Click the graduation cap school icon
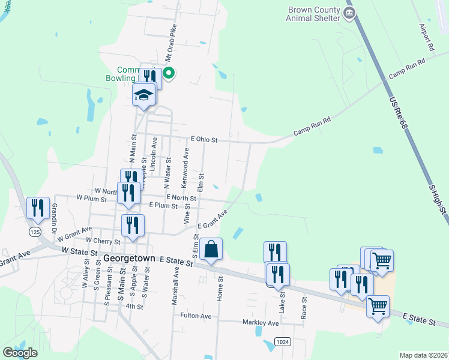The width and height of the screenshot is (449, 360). (x=144, y=95)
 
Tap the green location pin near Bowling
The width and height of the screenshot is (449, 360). (x=169, y=74)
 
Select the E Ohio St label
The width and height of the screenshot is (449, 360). (x=203, y=139)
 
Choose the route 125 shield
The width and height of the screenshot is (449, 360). (x=36, y=232)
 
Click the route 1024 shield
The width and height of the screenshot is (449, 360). (x=283, y=341)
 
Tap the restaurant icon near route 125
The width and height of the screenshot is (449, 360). (x=38, y=208)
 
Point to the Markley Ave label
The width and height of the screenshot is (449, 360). (x=261, y=323)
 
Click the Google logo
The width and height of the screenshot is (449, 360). (x=20, y=352)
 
